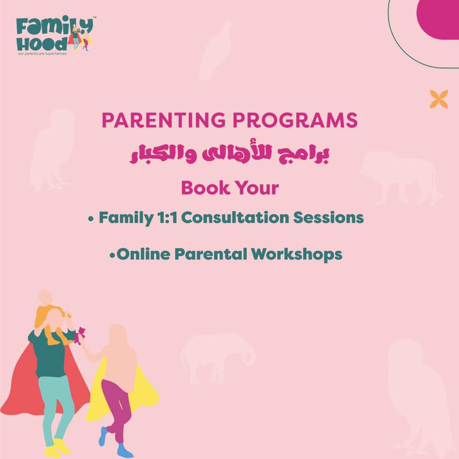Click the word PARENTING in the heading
(164, 120)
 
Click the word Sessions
(329, 218)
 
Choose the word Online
(143, 254)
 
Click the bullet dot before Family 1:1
(91, 219)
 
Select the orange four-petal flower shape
(439, 99)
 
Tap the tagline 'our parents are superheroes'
(42, 54)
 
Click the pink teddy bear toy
(79, 336)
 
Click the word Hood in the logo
(42, 44)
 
